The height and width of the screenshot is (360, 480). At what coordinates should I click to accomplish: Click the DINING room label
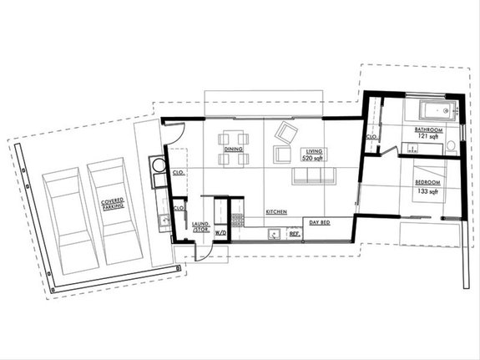[x=234, y=150]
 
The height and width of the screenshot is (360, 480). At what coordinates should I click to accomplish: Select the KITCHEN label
[x=276, y=212]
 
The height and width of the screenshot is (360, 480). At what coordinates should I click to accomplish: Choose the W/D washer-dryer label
[x=222, y=232]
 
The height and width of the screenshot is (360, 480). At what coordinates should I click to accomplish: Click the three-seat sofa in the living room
[x=312, y=176]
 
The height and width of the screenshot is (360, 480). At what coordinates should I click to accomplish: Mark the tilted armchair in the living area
[x=286, y=131]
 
